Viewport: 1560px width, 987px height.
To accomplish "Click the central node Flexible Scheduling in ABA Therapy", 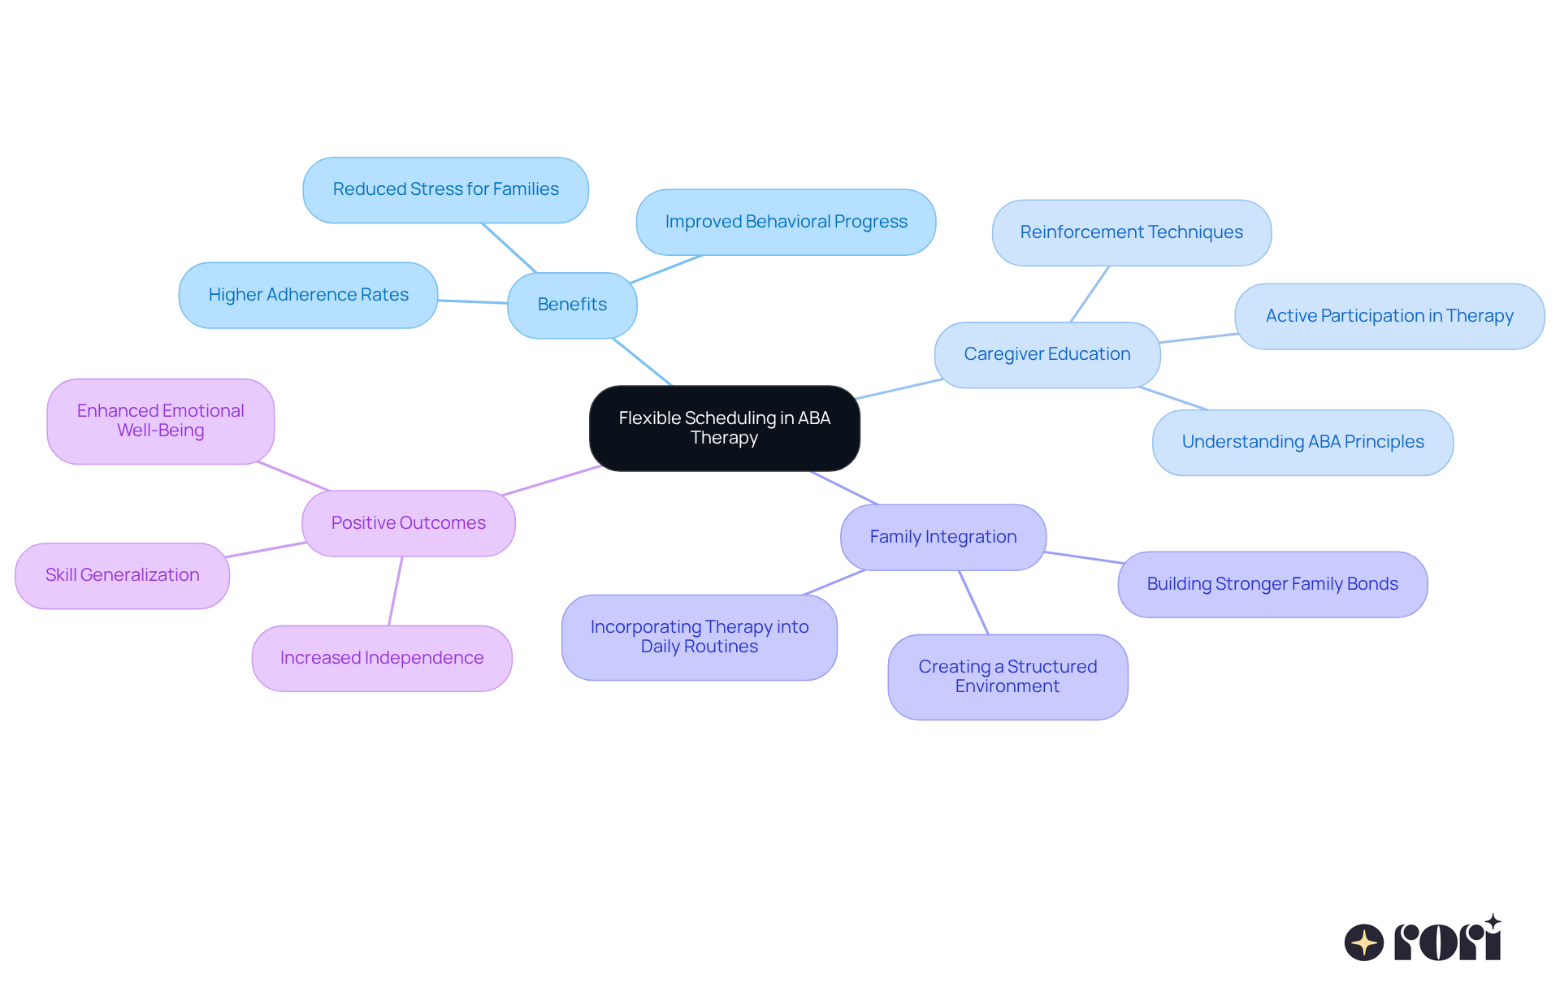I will tap(724, 428).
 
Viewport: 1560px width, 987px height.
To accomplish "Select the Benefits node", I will tap(572, 305).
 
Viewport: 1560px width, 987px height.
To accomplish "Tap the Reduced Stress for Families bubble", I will tap(445, 189).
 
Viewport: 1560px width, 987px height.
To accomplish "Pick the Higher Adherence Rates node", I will tap(308, 295).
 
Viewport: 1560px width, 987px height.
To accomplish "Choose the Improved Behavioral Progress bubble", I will tap(786, 222).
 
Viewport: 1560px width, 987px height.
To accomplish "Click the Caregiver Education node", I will tap(1046, 354).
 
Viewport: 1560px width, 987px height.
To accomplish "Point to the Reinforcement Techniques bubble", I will tap(1131, 232).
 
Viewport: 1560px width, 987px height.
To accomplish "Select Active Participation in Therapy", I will tap(1389, 316).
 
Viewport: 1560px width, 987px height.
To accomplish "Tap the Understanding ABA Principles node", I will tap(1302, 442).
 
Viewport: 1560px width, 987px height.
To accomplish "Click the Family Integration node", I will tap(942, 537).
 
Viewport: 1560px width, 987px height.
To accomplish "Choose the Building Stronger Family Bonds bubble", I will tap(1272, 584).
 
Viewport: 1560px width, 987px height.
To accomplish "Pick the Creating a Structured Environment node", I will tap(1007, 677).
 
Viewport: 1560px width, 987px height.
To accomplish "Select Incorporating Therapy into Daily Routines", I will tap(699, 637).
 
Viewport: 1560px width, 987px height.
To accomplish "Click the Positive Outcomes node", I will tap(408, 523).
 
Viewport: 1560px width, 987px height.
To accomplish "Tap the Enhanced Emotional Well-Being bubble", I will tap(160, 421).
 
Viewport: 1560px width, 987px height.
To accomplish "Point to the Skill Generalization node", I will tap(122, 575).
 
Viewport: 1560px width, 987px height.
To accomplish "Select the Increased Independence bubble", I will tap(381, 658).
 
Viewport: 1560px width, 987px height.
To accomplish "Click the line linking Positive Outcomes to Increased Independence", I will tap(396, 591).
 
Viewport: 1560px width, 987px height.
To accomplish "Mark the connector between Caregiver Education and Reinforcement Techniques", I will tap(1090, 294).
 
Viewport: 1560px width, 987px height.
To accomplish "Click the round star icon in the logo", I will tap(1363, 942).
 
